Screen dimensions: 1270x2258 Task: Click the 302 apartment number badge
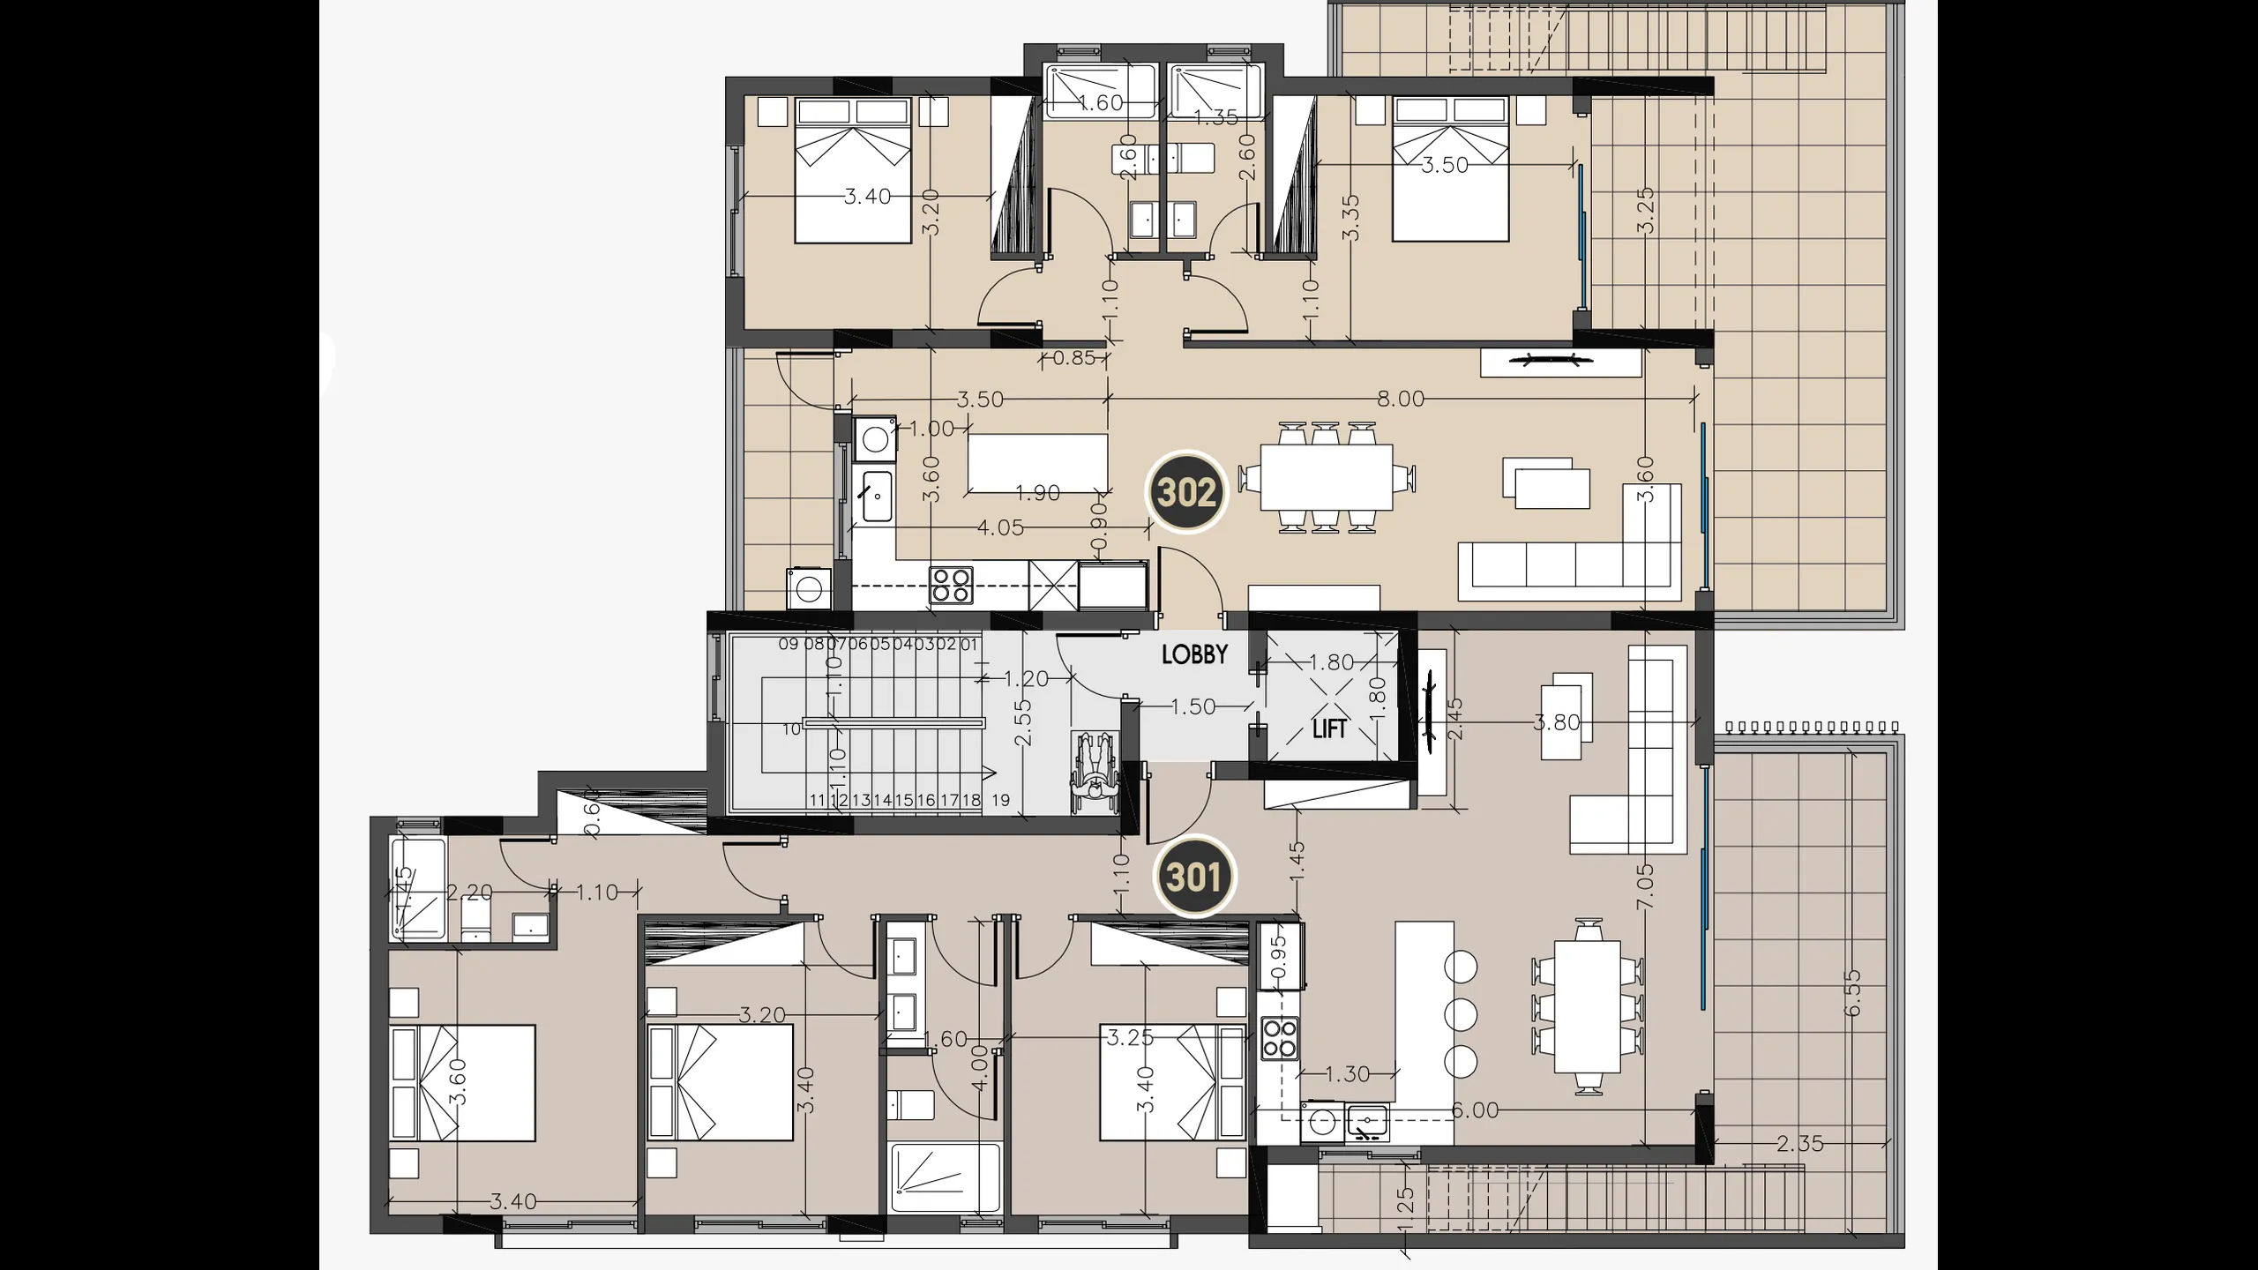tap(1186, 492)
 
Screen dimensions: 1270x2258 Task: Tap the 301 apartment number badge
tap(1195, 878)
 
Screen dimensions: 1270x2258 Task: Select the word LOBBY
tap(1194, 654)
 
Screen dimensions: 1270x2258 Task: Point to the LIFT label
tap(1329, 728)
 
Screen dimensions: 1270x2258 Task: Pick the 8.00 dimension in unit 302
tap(1401, 399)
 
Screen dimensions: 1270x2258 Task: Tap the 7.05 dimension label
tap(1645, 886)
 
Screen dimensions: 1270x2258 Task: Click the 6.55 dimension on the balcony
tap(1852, 993)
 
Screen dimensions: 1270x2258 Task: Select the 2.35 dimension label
tap(1799, 1144)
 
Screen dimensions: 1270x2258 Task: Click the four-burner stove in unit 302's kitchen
tap(951, 585)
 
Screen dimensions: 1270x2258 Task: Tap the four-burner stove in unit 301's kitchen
tap(1280, 1038)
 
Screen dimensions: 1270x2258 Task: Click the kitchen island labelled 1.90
tap(1038, 463)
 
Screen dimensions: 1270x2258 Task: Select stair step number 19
tap(1000, 801)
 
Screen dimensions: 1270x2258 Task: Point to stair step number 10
tap(791, 728)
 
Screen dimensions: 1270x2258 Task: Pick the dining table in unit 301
tap(1588, 1006)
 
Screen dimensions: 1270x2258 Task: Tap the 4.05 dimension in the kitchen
tap(1000, 527)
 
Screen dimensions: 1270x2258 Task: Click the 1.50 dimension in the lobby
tap(1193, 706)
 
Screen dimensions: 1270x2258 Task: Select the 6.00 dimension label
tap(1475, 1109)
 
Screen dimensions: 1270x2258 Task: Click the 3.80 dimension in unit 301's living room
tap(1557, 722)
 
